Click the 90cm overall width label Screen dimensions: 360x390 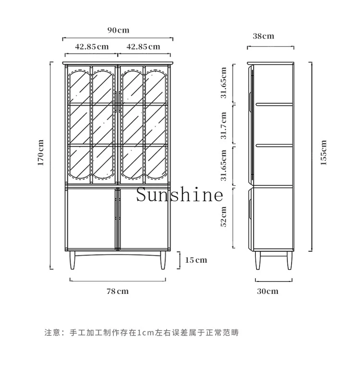pyautogui.click(x=119, y=30)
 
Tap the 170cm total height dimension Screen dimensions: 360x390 pyautogui.click(x=40, y=152)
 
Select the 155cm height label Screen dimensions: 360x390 pyautogui.click(x=323, y=152)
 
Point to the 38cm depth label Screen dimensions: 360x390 pyautogui.click(x=264, y=36)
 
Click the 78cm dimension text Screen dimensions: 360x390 pyautogui.click(x=118, y=291)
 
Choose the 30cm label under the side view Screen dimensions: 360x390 pyautogui.click(x=267, y=291)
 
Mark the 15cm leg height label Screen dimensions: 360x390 pyautogui.click(x=196, y=260)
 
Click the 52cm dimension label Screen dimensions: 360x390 pyautogui.click(x=224, y=217)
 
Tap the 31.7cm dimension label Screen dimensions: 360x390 pyautogui.click(x=224, y=125)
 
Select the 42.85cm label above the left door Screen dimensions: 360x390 pyautogui.click(x=92, y=47)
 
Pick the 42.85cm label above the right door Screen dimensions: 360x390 pyautogui.click(x=143, y=47)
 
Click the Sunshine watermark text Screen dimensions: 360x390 pyautogui.click(x=180, y=194)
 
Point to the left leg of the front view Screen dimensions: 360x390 pyautogui.click(x=72, y=260)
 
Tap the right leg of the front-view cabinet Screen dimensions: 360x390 pyautogui.click(x=163, y=260)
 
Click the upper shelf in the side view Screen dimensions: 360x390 pyautogui.click(x=274, y=105)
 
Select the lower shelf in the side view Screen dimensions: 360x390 pyautogui.click(x=274, y=145)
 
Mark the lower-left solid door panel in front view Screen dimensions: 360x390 pyautogui.click(x=91, y=219)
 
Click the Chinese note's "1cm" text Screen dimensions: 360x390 pyautogui.click(x=146, y=332)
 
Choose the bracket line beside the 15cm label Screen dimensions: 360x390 pyautogui.click(x=179, y=260)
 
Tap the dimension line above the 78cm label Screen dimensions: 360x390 pyautogui.click(x=118, y=281)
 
